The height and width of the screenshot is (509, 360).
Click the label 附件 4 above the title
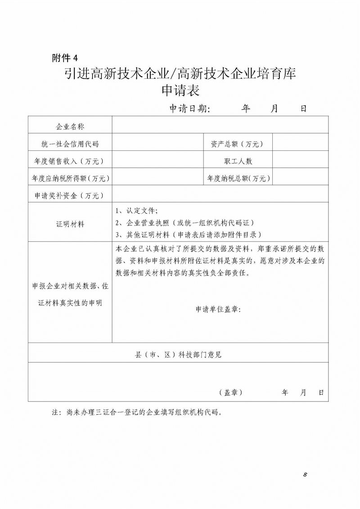pos(65,58)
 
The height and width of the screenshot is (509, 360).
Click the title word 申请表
pos(180,90)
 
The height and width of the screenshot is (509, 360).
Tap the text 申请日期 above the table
pos(189,109)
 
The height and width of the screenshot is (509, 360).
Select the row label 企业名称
pos(70,126)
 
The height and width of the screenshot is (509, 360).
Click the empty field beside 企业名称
pos(220,125)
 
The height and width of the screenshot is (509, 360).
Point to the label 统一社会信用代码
pos(70,144)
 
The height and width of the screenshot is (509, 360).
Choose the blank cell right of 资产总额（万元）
pos(300,144)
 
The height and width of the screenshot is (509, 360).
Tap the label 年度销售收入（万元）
pos(70,161)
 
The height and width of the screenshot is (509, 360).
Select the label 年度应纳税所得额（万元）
pos(70,178)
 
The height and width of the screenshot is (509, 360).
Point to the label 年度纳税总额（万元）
pos(238,178)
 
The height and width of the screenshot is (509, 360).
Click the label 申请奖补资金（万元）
pos(70,196)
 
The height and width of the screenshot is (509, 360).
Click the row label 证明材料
pos(70,224)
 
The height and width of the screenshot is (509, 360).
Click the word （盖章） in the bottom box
pos(231,393)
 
